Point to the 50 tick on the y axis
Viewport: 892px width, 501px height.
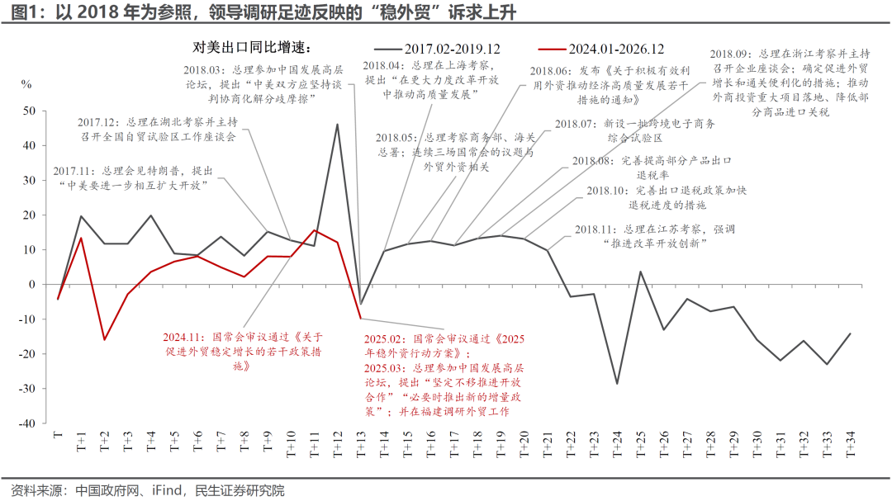(30, 111)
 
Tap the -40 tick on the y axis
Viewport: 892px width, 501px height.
(27, 423)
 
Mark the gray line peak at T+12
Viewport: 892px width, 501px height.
(337, 125)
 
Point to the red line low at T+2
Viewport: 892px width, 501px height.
(104, 339)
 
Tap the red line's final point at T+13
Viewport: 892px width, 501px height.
(360, 318)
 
